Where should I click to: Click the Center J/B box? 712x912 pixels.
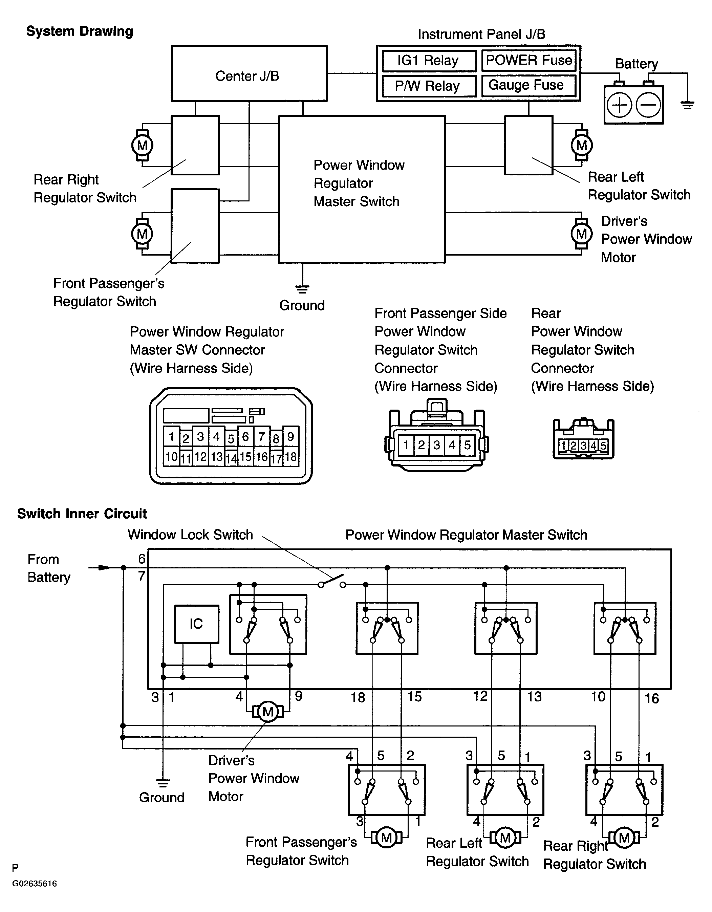249,73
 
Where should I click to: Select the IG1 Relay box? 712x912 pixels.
429,61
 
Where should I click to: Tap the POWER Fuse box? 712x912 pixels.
529,61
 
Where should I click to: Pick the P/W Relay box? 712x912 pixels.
429,86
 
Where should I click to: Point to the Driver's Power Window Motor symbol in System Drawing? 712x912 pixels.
581,234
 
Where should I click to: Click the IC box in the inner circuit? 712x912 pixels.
196,624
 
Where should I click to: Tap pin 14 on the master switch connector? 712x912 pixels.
231,458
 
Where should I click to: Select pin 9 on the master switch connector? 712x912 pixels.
290,437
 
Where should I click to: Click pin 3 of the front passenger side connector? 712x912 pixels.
437,445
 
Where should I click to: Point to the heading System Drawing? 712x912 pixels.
79,31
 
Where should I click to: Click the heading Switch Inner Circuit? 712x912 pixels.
82,514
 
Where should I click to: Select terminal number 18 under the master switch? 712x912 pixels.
358,697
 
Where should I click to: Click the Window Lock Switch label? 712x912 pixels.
190,535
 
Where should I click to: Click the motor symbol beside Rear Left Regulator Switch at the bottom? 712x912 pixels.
505,837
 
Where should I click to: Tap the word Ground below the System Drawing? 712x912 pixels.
302,305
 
